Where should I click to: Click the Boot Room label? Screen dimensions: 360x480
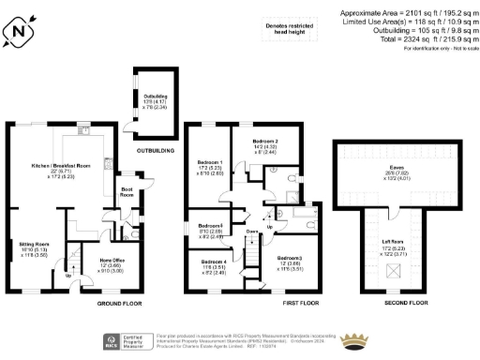pos(127,195)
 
